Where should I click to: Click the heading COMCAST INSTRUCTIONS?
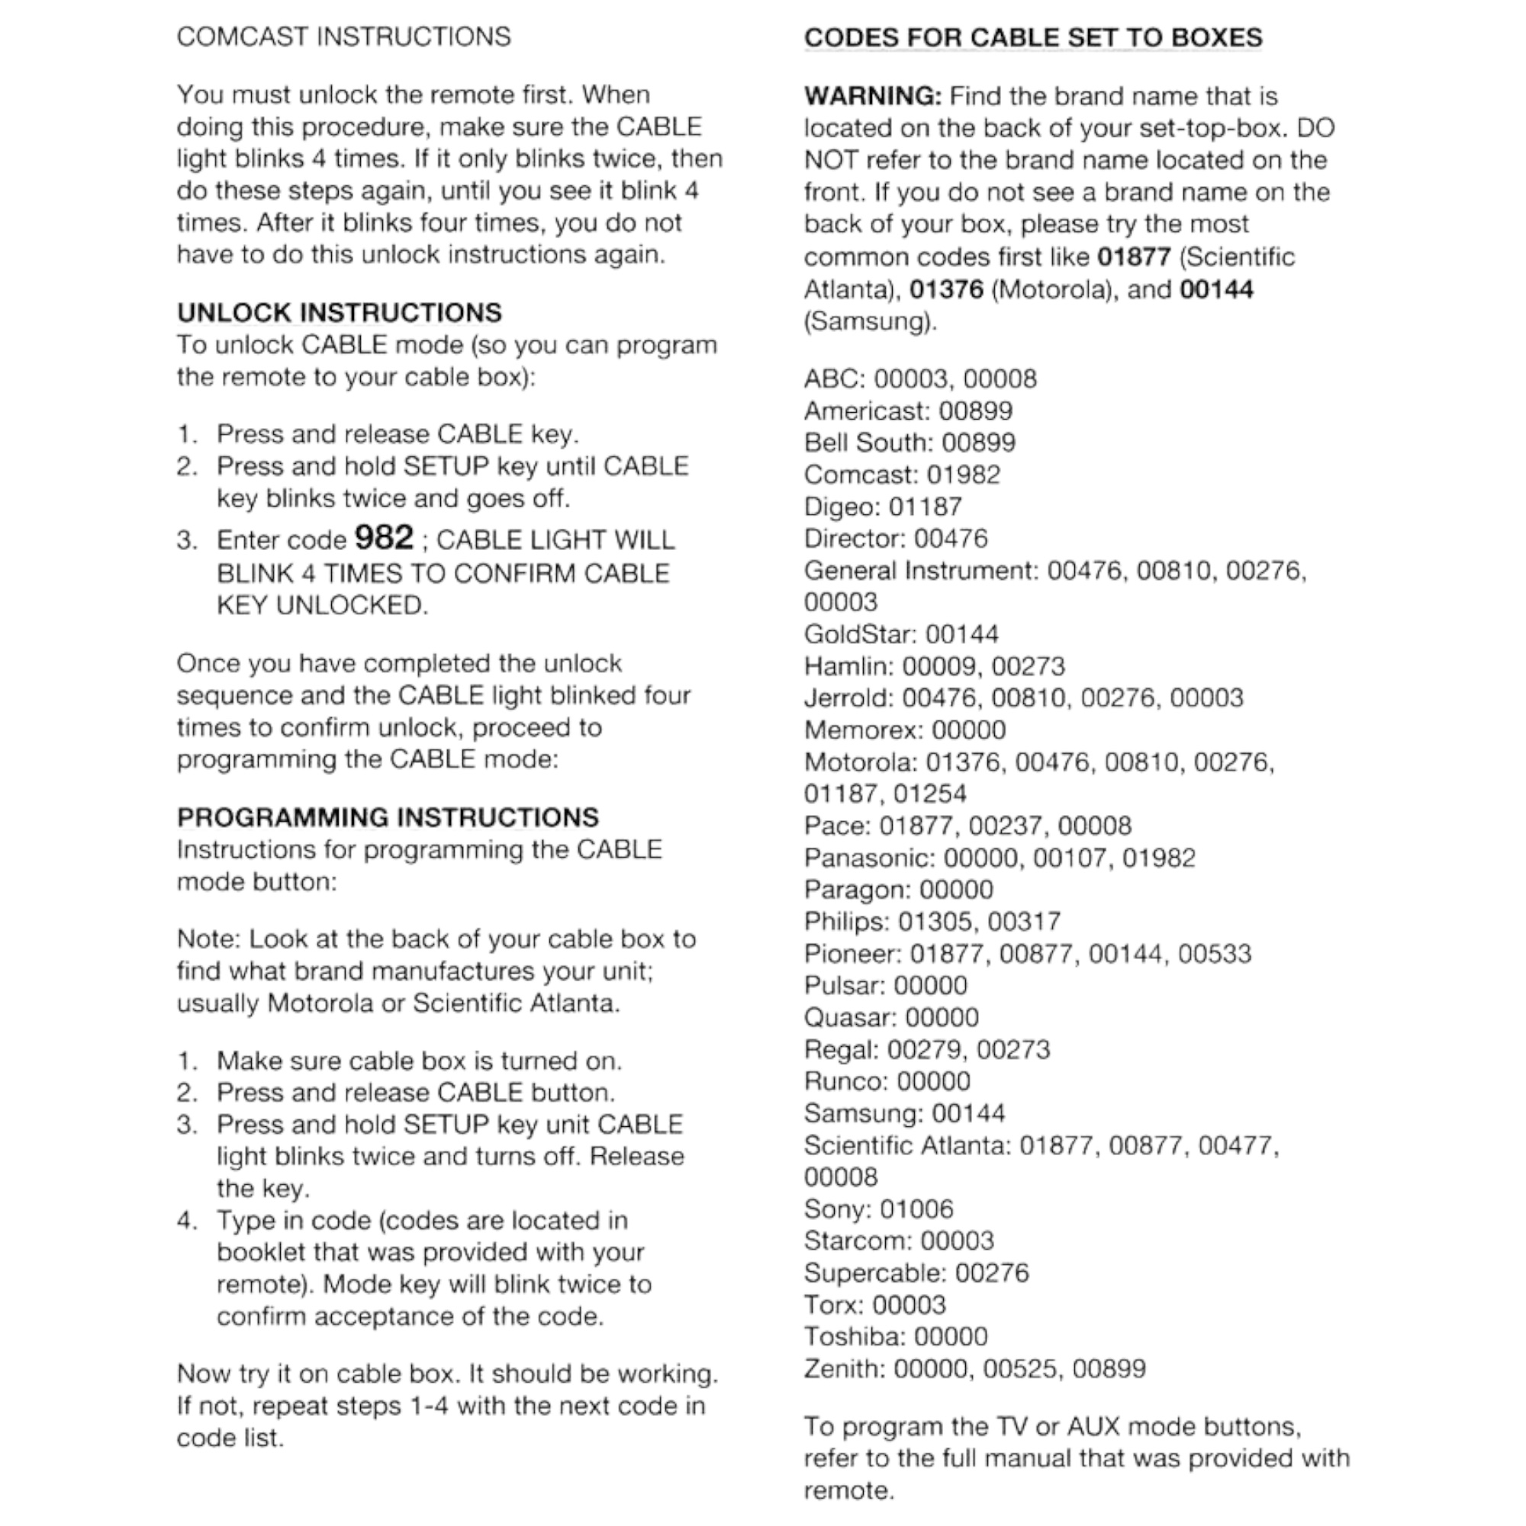[x=343, y=37]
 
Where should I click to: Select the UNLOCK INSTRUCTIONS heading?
[x=339, y=313]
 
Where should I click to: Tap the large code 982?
[x=384, y=538]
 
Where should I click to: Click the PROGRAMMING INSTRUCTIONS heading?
[x=388, y=816]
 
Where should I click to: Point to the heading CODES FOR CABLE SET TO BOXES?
[x=1033, y=38]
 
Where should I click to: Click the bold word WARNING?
[x=873, y=96]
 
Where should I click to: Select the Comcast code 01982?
[x=963, y=475]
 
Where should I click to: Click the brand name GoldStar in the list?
[x=860, y=634]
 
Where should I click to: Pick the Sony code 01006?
[x=916, y=1209]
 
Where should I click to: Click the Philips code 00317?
[x=1025, y=921]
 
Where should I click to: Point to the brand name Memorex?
[x=865, y=730]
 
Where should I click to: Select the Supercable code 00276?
[x=991, y=1273]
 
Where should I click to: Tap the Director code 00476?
[x=950, y=539]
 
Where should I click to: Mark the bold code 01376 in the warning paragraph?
[x=946, y=289]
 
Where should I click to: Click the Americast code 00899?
[x=975, y=410]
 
